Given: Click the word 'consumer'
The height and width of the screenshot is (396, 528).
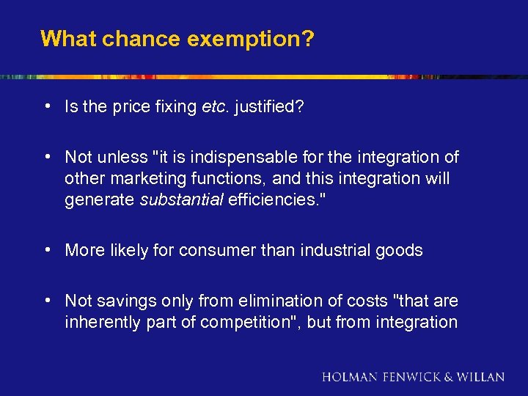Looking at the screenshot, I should pos(209,250).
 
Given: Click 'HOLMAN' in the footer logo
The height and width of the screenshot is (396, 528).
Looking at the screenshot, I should pos(349,377).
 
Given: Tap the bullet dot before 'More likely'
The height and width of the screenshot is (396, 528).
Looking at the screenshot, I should pos(46,249).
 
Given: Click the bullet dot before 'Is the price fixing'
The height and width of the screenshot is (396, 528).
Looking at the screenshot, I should pos(46,106).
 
